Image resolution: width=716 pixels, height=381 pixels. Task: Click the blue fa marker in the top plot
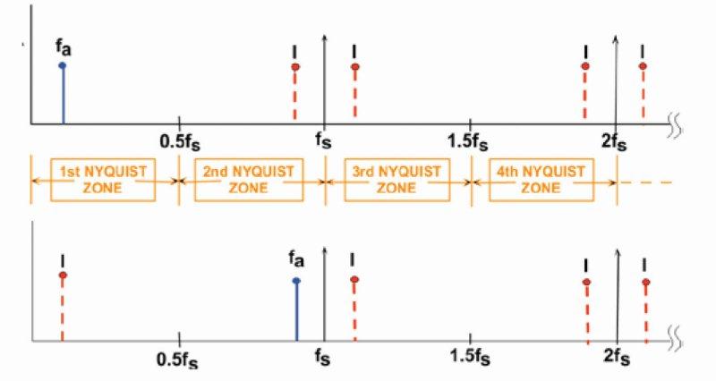point(62,65)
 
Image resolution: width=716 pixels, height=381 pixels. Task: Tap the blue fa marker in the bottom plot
point(296,281)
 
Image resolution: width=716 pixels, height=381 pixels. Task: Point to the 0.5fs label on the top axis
point(180,140)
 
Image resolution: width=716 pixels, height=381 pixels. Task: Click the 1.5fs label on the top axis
point(470,140)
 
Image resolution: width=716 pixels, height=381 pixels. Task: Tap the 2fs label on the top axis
point(615,140)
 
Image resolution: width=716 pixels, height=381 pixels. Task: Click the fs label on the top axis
point(324,140)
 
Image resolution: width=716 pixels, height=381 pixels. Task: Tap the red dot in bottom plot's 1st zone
point(62,275)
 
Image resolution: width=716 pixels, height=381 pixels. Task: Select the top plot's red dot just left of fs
point(294,67)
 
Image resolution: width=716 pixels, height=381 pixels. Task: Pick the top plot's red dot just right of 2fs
point(644,66)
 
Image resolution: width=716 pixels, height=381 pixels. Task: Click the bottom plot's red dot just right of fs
point(354,280)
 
